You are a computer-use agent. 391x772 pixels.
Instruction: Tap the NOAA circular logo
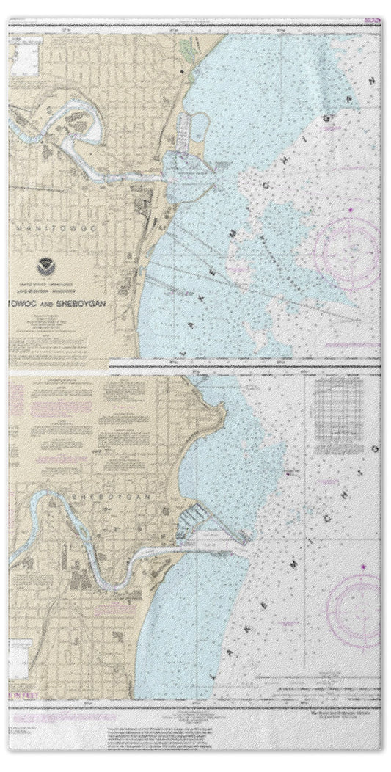click(x=45, y=267)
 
